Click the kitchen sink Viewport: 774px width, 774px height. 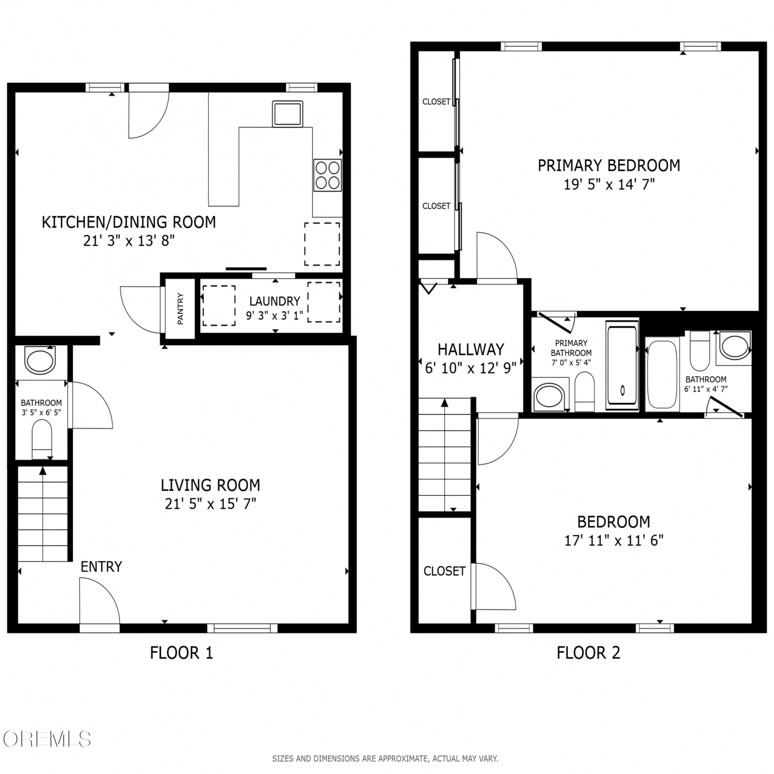pos(287,114)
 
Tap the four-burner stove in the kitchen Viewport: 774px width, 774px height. pos(328,175)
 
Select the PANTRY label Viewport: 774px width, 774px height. pos(181,309)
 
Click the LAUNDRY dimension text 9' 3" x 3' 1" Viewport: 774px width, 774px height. pos(274,315)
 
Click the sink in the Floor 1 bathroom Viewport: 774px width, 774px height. pos(40,360)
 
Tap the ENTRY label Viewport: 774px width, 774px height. pos(101,567)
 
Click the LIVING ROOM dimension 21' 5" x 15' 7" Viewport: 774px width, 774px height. pos(211,504)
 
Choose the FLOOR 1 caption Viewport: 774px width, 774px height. pos(181,653)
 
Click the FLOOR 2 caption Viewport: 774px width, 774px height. pos(588,653)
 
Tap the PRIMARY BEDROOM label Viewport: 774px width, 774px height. pos(609,166)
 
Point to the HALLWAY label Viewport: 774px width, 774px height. pos(471,350)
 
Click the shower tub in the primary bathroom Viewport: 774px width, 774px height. pos(622,365)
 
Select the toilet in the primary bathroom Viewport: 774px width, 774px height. pos(585,392)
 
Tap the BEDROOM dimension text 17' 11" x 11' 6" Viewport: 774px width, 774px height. pos(614,540)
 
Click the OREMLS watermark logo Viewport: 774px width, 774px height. pos(46,739)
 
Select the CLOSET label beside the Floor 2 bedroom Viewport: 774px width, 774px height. pos(444,571)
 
